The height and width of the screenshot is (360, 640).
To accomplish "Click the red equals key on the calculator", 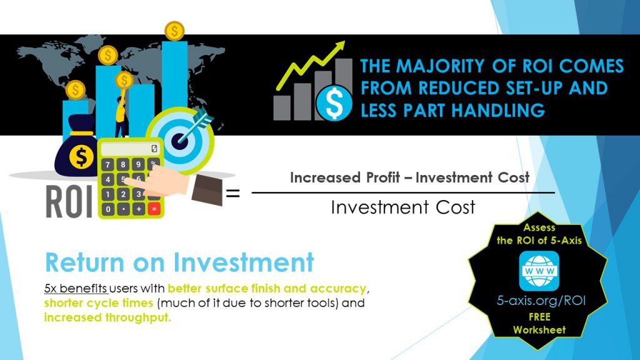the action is click(x=154, y=209).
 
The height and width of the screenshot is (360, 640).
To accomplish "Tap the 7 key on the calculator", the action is click(x=107, y=165).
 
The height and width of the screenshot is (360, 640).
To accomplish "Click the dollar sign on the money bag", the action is click(x=81, y=156).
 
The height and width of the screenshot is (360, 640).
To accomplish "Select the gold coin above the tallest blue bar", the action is click(x=175, y=31).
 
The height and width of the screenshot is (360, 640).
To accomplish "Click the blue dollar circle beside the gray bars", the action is click(x=334, y=104).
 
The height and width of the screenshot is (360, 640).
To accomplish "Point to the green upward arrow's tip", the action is click(x=344, y=42).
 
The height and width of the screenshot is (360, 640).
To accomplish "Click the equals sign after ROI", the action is click(x=232, y=192).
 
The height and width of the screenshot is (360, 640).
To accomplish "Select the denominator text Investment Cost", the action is click(x=403, y=207).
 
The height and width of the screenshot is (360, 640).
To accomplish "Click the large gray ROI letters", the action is click(x=69, y=202).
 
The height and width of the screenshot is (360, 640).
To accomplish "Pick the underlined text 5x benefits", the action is click(x=76, y=289).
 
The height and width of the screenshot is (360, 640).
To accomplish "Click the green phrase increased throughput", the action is click(x=107, y=317).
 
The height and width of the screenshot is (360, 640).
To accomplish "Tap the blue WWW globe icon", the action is click(x=539, y=271).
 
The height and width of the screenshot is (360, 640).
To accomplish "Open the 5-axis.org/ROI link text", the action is click(x=541, y=301).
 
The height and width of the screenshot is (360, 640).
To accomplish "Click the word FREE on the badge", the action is click(x=539, y=317).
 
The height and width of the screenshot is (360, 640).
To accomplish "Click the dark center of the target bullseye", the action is click(x=179, y=142).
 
